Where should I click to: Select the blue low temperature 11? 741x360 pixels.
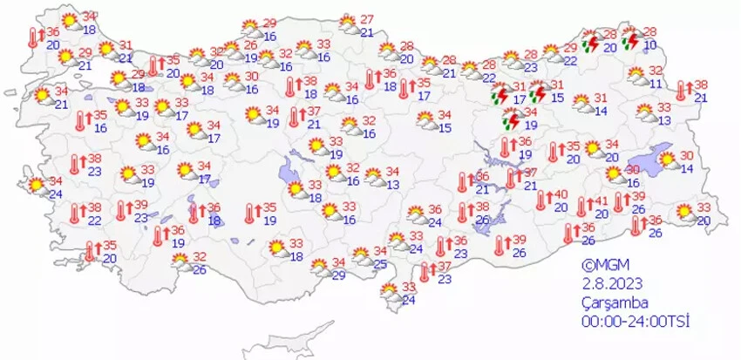[x=656, y=84]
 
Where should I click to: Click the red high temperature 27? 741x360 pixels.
[x=367, y=20]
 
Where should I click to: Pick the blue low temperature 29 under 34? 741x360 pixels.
[x=338, y=275]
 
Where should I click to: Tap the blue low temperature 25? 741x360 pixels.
[x=380, y=263]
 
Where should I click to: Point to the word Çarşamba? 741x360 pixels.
[x=615, y=302]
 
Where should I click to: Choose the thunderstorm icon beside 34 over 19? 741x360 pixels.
[x=504, y=119]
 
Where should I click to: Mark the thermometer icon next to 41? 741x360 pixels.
[x=583, y=207]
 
